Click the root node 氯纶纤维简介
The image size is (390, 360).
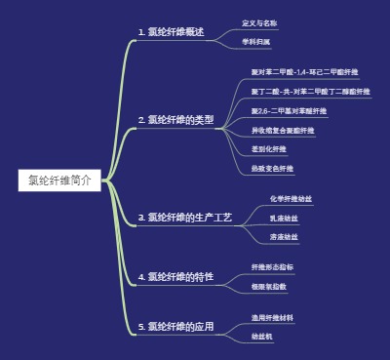tap(59, 180)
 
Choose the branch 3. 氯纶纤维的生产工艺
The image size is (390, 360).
tap(184, 218)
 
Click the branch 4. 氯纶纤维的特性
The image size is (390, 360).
tap(175, 277)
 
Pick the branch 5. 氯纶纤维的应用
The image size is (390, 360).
tap(175, 326)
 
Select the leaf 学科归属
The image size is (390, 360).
tap(255, 42)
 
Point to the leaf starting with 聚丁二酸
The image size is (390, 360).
tap(310, 91)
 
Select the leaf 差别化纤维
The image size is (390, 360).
tap(269, 149)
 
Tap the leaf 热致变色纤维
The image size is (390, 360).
tap(271, 169)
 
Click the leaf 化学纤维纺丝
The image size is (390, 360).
tap(291, 198)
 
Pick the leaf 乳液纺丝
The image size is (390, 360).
tap(284, 218)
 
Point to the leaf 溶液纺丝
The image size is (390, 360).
tap(284, 237)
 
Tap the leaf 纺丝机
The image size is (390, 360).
tap(261, 336)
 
